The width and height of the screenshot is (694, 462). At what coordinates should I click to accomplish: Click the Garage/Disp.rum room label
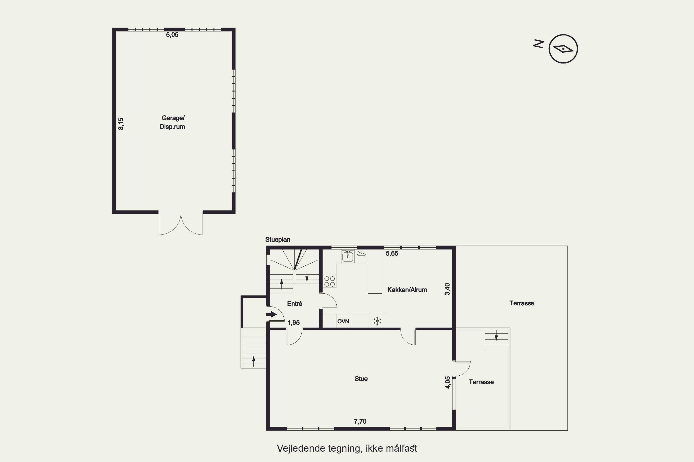click(x=172, y=122)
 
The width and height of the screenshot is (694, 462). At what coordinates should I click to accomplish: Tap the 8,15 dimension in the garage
click(x=121, y=124)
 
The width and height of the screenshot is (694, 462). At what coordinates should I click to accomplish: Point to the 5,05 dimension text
click(x=172, y=35)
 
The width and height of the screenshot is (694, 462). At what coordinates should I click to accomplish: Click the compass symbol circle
click(x=563, y=49)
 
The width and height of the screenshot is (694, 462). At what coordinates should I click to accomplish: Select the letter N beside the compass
click(x=539, y=44)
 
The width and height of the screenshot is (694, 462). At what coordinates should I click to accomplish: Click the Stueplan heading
click(x=278, y=240)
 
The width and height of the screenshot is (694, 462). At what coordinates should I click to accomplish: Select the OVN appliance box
click(x=343, y=321)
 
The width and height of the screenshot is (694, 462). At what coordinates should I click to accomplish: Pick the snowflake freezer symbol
click(x=377, y=321)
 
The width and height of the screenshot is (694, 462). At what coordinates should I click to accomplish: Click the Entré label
click(x=294, y=304)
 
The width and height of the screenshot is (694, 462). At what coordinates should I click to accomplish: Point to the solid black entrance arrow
click(x=271, y=314)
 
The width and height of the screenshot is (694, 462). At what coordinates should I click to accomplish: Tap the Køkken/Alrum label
click(x=407, y=290)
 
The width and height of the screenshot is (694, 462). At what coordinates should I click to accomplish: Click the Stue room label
click(x=361, y=379)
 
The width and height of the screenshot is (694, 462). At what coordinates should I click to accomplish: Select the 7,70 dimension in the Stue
click(x=360, y=421)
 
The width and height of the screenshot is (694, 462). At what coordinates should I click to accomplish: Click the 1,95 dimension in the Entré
click(x=294, y=323)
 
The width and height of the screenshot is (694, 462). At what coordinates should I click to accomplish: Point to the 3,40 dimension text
click(x=448, y=289)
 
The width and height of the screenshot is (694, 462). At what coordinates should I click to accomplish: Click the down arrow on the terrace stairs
click(x=496, y=335)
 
